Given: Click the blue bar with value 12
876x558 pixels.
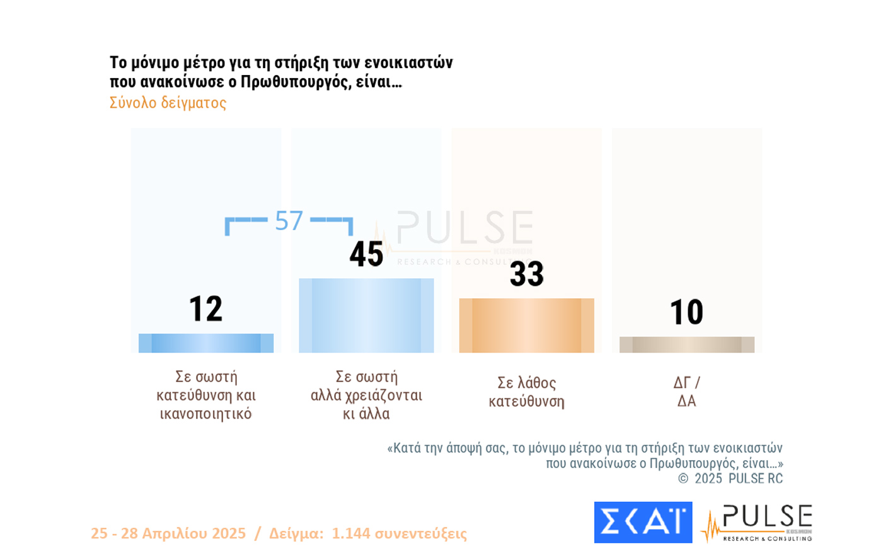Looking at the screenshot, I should coord(206,343).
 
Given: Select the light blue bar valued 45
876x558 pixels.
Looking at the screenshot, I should coord(366,315).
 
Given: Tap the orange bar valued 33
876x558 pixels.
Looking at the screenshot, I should coord(526,325).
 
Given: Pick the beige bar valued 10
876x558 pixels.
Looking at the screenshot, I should coord(686,345).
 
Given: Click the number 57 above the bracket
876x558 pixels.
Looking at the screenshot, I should coord(289,221).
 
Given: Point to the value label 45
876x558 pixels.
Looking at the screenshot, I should coord(366,254).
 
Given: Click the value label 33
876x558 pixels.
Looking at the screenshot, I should coord(526,274).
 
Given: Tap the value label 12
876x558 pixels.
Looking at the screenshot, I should coord(206,309).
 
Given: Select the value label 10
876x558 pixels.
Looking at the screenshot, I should coord(686,312).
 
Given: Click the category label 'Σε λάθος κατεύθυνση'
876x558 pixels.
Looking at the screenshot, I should coord(526,392).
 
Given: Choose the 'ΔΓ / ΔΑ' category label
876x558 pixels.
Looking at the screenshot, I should coord(686,392).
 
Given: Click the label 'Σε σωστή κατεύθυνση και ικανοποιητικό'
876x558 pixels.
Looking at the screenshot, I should coord(206,395).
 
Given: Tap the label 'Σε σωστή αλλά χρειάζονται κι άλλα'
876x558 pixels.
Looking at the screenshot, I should coord(366,395).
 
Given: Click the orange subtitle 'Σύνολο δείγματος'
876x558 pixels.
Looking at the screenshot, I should coord(168,103).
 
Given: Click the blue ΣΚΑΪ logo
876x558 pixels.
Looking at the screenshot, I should coord(643,522).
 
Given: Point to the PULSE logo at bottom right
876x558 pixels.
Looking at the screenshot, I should coord(759,523).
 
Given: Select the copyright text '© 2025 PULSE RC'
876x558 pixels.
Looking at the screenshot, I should coord(730,479).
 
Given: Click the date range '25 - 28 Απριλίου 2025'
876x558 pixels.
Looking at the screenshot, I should coord(168,533).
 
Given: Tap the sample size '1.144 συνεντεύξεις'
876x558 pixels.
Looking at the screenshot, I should coord(399,533).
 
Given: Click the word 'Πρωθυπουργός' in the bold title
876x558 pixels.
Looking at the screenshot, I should coord(295,82).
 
